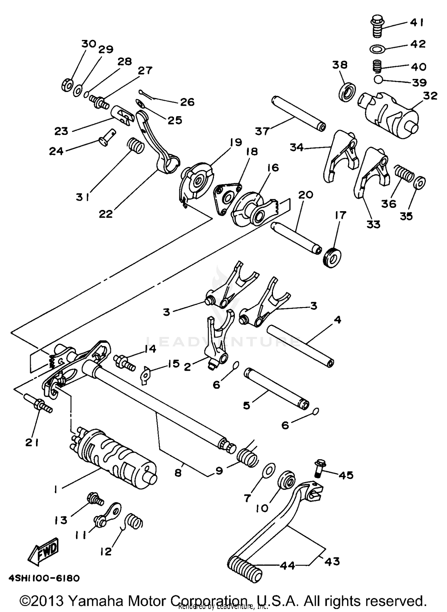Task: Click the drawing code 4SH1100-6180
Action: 44,578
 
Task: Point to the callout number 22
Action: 106,213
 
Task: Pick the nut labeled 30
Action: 67,85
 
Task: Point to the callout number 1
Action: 55,489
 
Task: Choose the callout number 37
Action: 262,131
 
